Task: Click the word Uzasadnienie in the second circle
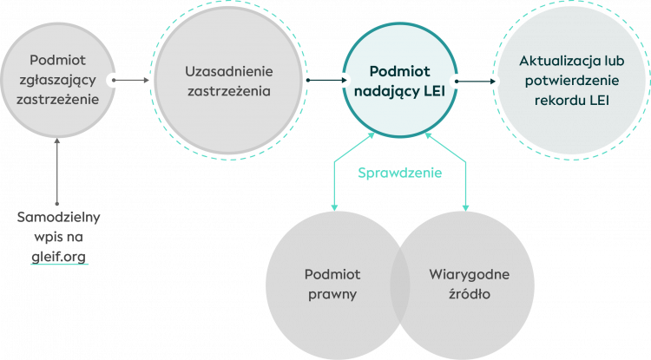click(229, 70)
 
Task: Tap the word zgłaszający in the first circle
click(58, 79)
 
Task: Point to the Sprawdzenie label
click(400, 173)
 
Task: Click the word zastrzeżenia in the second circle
click(229, 89)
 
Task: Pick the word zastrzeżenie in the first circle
click(58, 98)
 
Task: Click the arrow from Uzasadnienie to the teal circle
click(325, 81)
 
